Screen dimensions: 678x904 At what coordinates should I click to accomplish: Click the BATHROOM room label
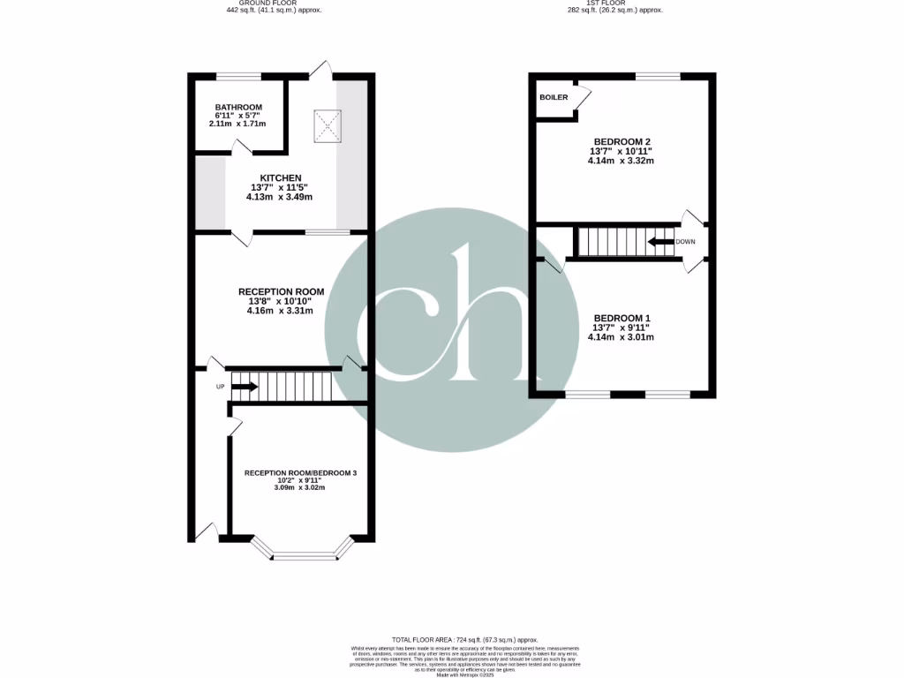point(238,108)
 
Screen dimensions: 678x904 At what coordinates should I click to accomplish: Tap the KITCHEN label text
point(281,178)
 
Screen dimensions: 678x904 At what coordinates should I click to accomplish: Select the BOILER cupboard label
point(554,97)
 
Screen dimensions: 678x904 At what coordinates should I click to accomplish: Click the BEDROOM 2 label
point(621,142)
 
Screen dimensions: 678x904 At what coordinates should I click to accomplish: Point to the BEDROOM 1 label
point(621,318)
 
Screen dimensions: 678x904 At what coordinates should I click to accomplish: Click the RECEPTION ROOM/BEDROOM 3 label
point(300,473)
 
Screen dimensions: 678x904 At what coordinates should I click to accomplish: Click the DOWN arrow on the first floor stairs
point(660,241)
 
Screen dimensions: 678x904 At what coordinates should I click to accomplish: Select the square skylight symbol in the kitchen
point(328,127)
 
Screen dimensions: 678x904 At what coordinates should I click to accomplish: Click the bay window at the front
point(304,554)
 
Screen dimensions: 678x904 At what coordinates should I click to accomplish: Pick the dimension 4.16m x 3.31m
point(281,311)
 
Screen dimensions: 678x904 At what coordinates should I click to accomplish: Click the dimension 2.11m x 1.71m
point(238,124)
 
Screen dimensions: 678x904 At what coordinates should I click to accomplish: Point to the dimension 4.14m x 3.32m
point(621,162)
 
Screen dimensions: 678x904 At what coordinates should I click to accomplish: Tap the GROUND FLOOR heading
point(274,4)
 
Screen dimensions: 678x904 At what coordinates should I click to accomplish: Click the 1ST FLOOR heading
point(614,4)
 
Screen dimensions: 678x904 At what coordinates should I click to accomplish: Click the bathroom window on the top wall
point(238,76)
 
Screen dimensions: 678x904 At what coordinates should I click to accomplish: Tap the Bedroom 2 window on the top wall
point(658,76)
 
